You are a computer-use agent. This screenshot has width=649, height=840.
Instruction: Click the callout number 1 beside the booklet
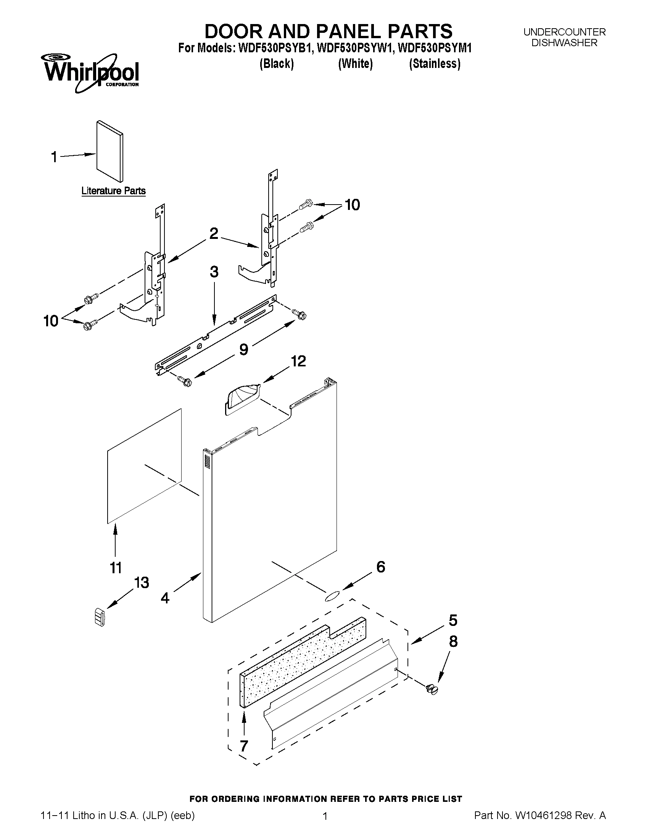tap(54, 157)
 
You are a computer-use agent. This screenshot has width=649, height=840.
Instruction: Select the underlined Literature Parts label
tap(113, 191)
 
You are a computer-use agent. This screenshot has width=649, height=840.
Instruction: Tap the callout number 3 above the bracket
tap(214, 272)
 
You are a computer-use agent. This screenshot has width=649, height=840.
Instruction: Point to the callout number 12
tap(298, 361)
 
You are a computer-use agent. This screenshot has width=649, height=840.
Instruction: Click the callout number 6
tap(380, 566)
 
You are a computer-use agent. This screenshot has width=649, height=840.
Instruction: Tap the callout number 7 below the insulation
tap(243, 746)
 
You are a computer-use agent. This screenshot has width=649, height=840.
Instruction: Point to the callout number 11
tap(116, 568)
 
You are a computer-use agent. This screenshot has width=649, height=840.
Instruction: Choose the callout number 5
tap(453, 621)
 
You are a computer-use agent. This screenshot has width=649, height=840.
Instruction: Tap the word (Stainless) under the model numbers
tap(435, 63)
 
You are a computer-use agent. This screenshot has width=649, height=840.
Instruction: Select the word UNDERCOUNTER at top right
tap(564, 32)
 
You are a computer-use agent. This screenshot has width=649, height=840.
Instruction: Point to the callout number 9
tap(243, 349)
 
